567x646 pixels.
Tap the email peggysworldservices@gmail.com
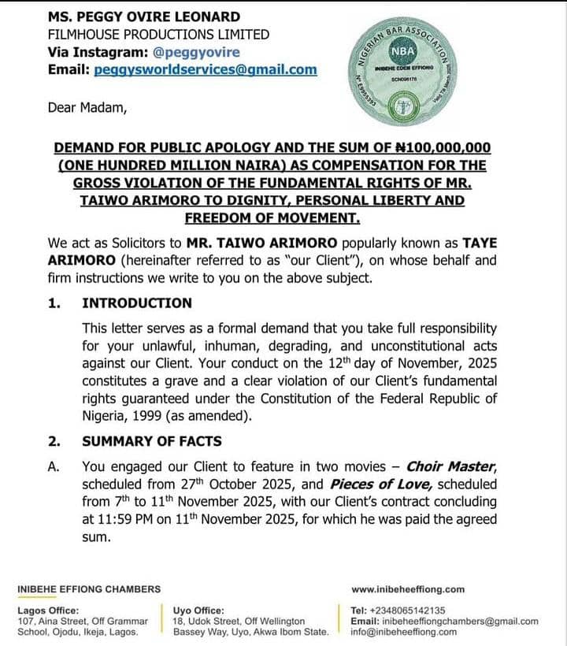(x=205, y=69)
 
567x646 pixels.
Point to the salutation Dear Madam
(x=87, y=108)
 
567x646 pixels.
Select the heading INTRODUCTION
(x=137, y=303)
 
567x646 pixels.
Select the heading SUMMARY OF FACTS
(x=152, y=441)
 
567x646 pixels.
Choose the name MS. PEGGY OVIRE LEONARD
(x=144, y=17)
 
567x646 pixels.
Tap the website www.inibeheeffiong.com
(x=407, y=588)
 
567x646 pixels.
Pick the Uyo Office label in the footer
(x=198, y=611)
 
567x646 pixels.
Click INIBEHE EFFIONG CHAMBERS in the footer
(x=89, y=588)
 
